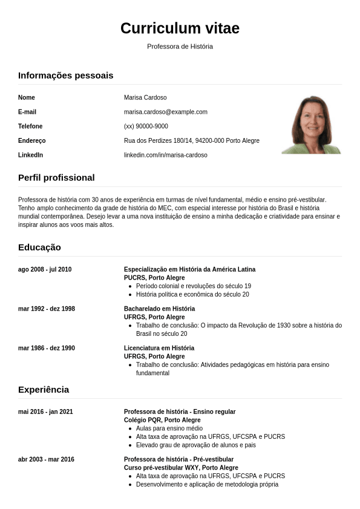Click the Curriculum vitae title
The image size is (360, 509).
tap(180, 28)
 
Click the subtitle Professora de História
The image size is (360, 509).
tap(180, 47)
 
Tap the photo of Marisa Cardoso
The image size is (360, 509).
tap(311, 125)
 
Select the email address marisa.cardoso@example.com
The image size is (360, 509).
tap(165, 112)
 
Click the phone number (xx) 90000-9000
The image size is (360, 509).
tap(146, 126)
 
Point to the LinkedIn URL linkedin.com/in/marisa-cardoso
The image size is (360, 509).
tap(165, 155)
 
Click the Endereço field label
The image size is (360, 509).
tap(31, 140)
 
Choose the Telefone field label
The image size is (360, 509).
tap(30, 126)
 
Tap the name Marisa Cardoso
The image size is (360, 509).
tap(145, 97)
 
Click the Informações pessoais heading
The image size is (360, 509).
tap(65, 75)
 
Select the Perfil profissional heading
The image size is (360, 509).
tap(56, 177)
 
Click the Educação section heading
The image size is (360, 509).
tap(39, 247)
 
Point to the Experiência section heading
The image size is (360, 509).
tap(44, 389)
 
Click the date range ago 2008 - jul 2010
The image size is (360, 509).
tap(45, 269)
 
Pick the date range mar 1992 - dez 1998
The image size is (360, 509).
tap(47, 309)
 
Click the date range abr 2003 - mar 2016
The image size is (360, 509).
tap(46, 459)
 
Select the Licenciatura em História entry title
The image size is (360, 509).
tap(159, 348)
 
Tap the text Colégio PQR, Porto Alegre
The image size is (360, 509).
tap(162, 420)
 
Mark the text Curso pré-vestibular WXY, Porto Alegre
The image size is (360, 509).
tap(181, 468)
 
